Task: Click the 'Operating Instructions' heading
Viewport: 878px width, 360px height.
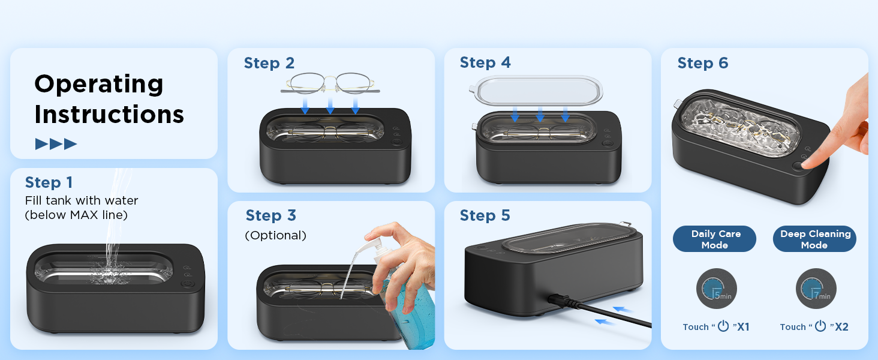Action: pyautogui.click(x=109, y=99)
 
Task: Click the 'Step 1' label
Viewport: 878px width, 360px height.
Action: pyautogui.click(x=49, y=182)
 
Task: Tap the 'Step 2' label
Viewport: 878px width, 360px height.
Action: pyautogui.click(x=269, y=63)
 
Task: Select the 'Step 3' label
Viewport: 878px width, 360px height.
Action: pyautogui.click(x=270, y=215)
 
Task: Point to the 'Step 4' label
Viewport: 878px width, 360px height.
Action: pyautogui.click(x=485, y=62)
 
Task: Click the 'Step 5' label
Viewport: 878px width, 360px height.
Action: pyautogui.click(x=485, y=215)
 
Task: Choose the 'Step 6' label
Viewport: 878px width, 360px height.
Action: pyautogui.click(x=702, y=63)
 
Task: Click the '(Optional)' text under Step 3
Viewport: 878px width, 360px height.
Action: pyautogui.click(x=275, y=236)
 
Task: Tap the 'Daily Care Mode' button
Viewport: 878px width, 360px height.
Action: pyautogui.click(x=715, y=239)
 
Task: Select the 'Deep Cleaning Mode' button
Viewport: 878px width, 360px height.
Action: pyautogui.click(x=815, y=239)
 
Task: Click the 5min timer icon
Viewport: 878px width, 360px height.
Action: pyautogui.click(x=716, y=289)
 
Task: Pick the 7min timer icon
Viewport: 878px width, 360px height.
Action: pyautogui.click(x=816, y=289)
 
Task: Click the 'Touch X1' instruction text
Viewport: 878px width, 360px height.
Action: pyautogui.click(x=716, y=327)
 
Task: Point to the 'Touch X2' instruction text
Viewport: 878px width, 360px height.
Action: pyautogui.click(x=814, y=327)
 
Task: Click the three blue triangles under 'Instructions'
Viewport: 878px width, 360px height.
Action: pyautogui.click(x=56, y=144)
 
